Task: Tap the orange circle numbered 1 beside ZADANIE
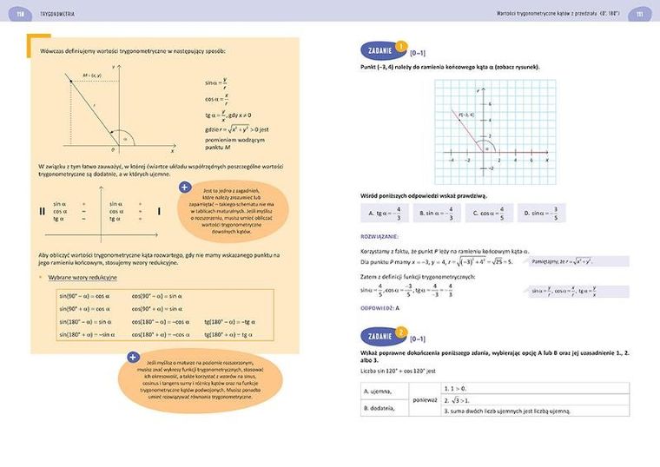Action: (400, 47)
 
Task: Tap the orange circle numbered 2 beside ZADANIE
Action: (400, 332)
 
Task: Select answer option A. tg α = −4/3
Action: (385, 213)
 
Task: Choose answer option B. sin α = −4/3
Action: (437, 213)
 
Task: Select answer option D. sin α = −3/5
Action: (543, 213)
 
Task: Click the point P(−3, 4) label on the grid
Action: (466, 115)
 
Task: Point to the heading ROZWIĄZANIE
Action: (380, 235)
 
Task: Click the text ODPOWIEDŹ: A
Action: (379, 308)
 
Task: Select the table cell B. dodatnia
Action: (383, 407)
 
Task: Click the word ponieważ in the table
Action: (425, 399)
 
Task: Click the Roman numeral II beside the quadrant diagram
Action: (42, 211)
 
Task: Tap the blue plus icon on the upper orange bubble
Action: (185, 187)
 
